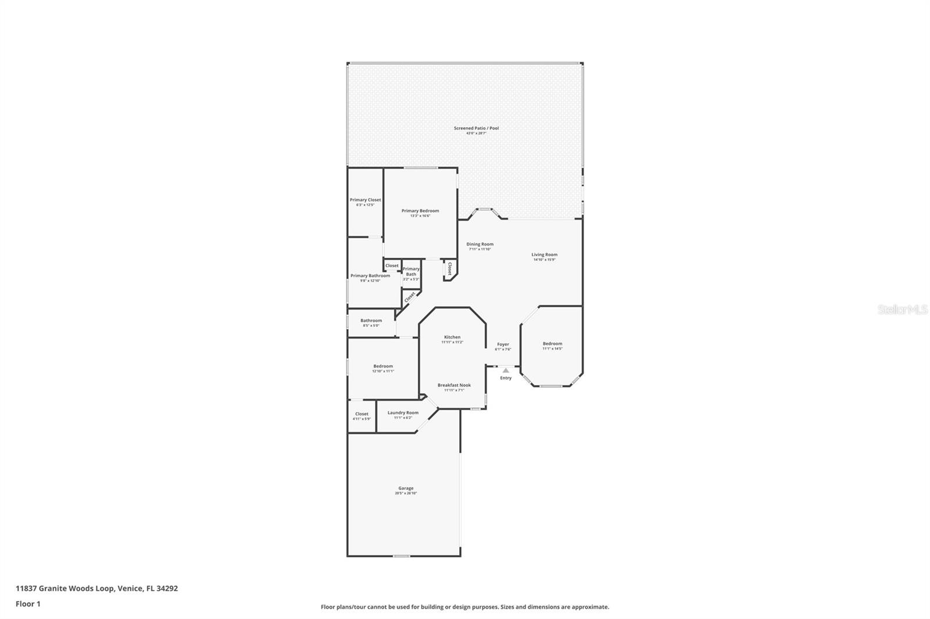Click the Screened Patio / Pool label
coord(476,128)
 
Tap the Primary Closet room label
coord(365,200)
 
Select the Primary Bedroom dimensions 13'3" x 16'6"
coord(420,216)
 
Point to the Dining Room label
coord(480,244)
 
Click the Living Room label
coord(544,254)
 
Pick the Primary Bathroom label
coord(370,276)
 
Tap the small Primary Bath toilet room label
coord(411,271)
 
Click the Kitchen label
coord(452,337)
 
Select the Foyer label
coord(503,344)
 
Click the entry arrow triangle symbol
coord(506,370)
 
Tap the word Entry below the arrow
coord(506,378)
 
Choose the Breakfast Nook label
coord(454,385)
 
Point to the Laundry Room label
coord(403,413)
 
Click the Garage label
coord(406,488)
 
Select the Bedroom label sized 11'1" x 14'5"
coord(552,344)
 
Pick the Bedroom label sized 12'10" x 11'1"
coord(383,366)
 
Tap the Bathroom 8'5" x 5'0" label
coord(371,321)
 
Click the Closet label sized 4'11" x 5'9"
coord(362,414)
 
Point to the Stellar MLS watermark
coord(902,310)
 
